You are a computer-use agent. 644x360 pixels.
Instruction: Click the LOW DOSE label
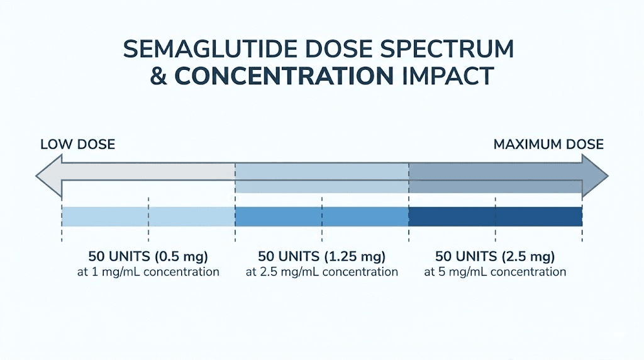(77, 145)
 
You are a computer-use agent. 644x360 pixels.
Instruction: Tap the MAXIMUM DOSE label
(548, 145)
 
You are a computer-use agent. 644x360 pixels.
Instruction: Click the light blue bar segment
(148, 217)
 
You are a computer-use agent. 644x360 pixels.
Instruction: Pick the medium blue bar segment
(322, 217)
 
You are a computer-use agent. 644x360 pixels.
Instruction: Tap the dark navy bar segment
(496, 217)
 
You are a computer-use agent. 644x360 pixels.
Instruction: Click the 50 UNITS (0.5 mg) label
(148, 257)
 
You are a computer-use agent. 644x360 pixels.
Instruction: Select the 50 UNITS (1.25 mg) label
(322, 257)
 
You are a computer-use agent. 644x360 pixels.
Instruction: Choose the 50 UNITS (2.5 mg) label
(496, 257)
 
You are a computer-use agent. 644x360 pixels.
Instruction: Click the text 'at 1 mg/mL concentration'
(148, 272)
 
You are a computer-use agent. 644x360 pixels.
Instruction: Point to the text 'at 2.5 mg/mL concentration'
(322, 272)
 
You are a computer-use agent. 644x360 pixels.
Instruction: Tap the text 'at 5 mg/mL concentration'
(496, 272)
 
